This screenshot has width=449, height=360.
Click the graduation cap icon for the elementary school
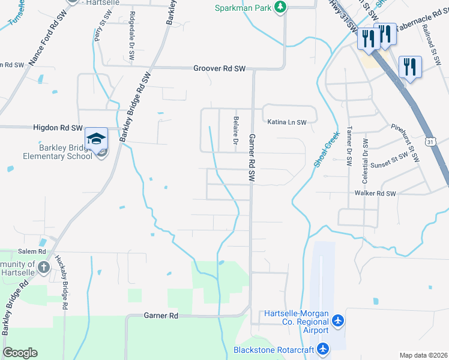coord(96,139)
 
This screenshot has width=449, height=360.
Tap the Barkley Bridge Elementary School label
coord(57,152)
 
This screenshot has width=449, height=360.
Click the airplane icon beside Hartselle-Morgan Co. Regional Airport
coord(338,321)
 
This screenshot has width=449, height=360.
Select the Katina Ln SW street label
coord(287,122)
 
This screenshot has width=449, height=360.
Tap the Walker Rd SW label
coord(375,194)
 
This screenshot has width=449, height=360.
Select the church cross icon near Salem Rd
coord(43,268)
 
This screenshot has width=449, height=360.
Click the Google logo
coord(20,353)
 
